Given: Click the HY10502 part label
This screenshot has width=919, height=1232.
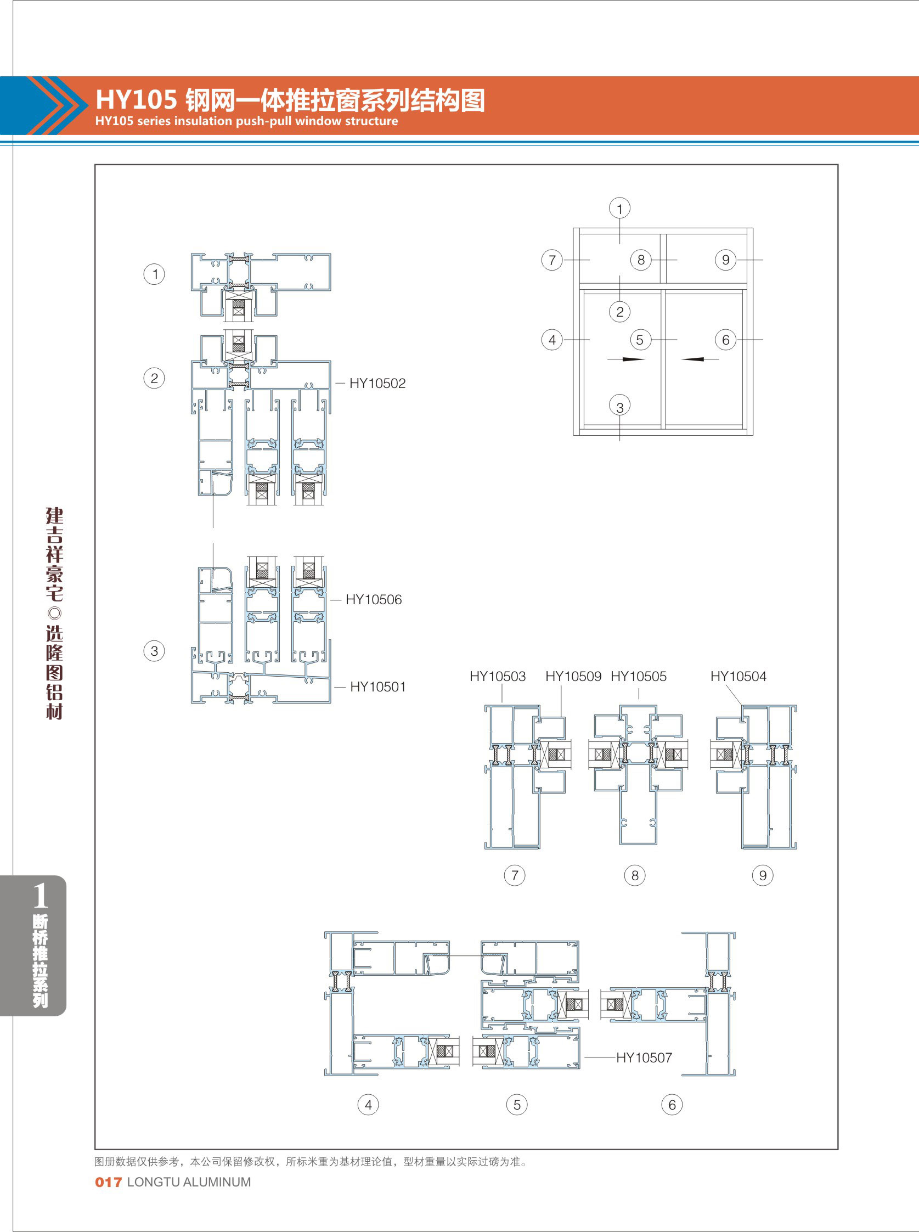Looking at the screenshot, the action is coord(377,384).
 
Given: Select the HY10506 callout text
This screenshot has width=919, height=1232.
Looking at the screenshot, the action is coord(374,600).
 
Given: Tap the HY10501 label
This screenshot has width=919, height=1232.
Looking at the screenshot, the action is coord(378,687).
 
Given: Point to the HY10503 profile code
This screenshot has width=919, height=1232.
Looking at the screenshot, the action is coord(498,677).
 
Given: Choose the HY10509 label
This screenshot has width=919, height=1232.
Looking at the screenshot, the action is coord(573,677).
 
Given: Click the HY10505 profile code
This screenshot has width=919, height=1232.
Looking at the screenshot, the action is coord(639,677).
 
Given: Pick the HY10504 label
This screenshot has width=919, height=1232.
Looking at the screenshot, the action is coord(738,677).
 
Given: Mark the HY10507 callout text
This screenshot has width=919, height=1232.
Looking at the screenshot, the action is coord(644,1058).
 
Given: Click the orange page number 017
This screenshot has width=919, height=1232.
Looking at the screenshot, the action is coord(109,1183).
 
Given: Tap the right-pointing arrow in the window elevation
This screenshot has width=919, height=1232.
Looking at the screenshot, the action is coord(627,359).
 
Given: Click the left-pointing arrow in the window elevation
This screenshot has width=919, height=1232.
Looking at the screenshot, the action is coord(700,359).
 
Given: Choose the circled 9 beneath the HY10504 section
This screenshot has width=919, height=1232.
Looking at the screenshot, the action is coord(763,876).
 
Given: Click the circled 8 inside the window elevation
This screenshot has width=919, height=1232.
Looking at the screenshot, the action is coord(641,260).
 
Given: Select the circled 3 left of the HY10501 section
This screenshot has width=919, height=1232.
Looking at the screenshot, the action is coord(154,651).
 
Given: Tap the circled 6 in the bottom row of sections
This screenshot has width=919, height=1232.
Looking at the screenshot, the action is coord(672,1105).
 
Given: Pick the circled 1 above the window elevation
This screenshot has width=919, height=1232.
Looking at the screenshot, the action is coord(620,209).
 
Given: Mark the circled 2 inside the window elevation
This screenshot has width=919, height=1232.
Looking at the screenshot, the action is coord(620,312).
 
